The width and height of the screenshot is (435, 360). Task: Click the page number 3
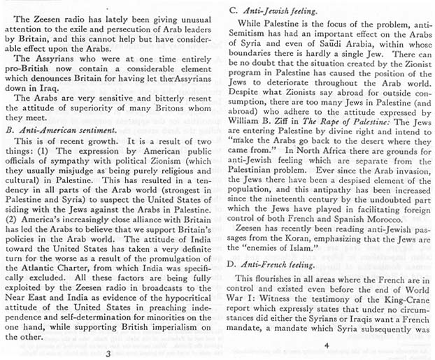coord(106,353)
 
